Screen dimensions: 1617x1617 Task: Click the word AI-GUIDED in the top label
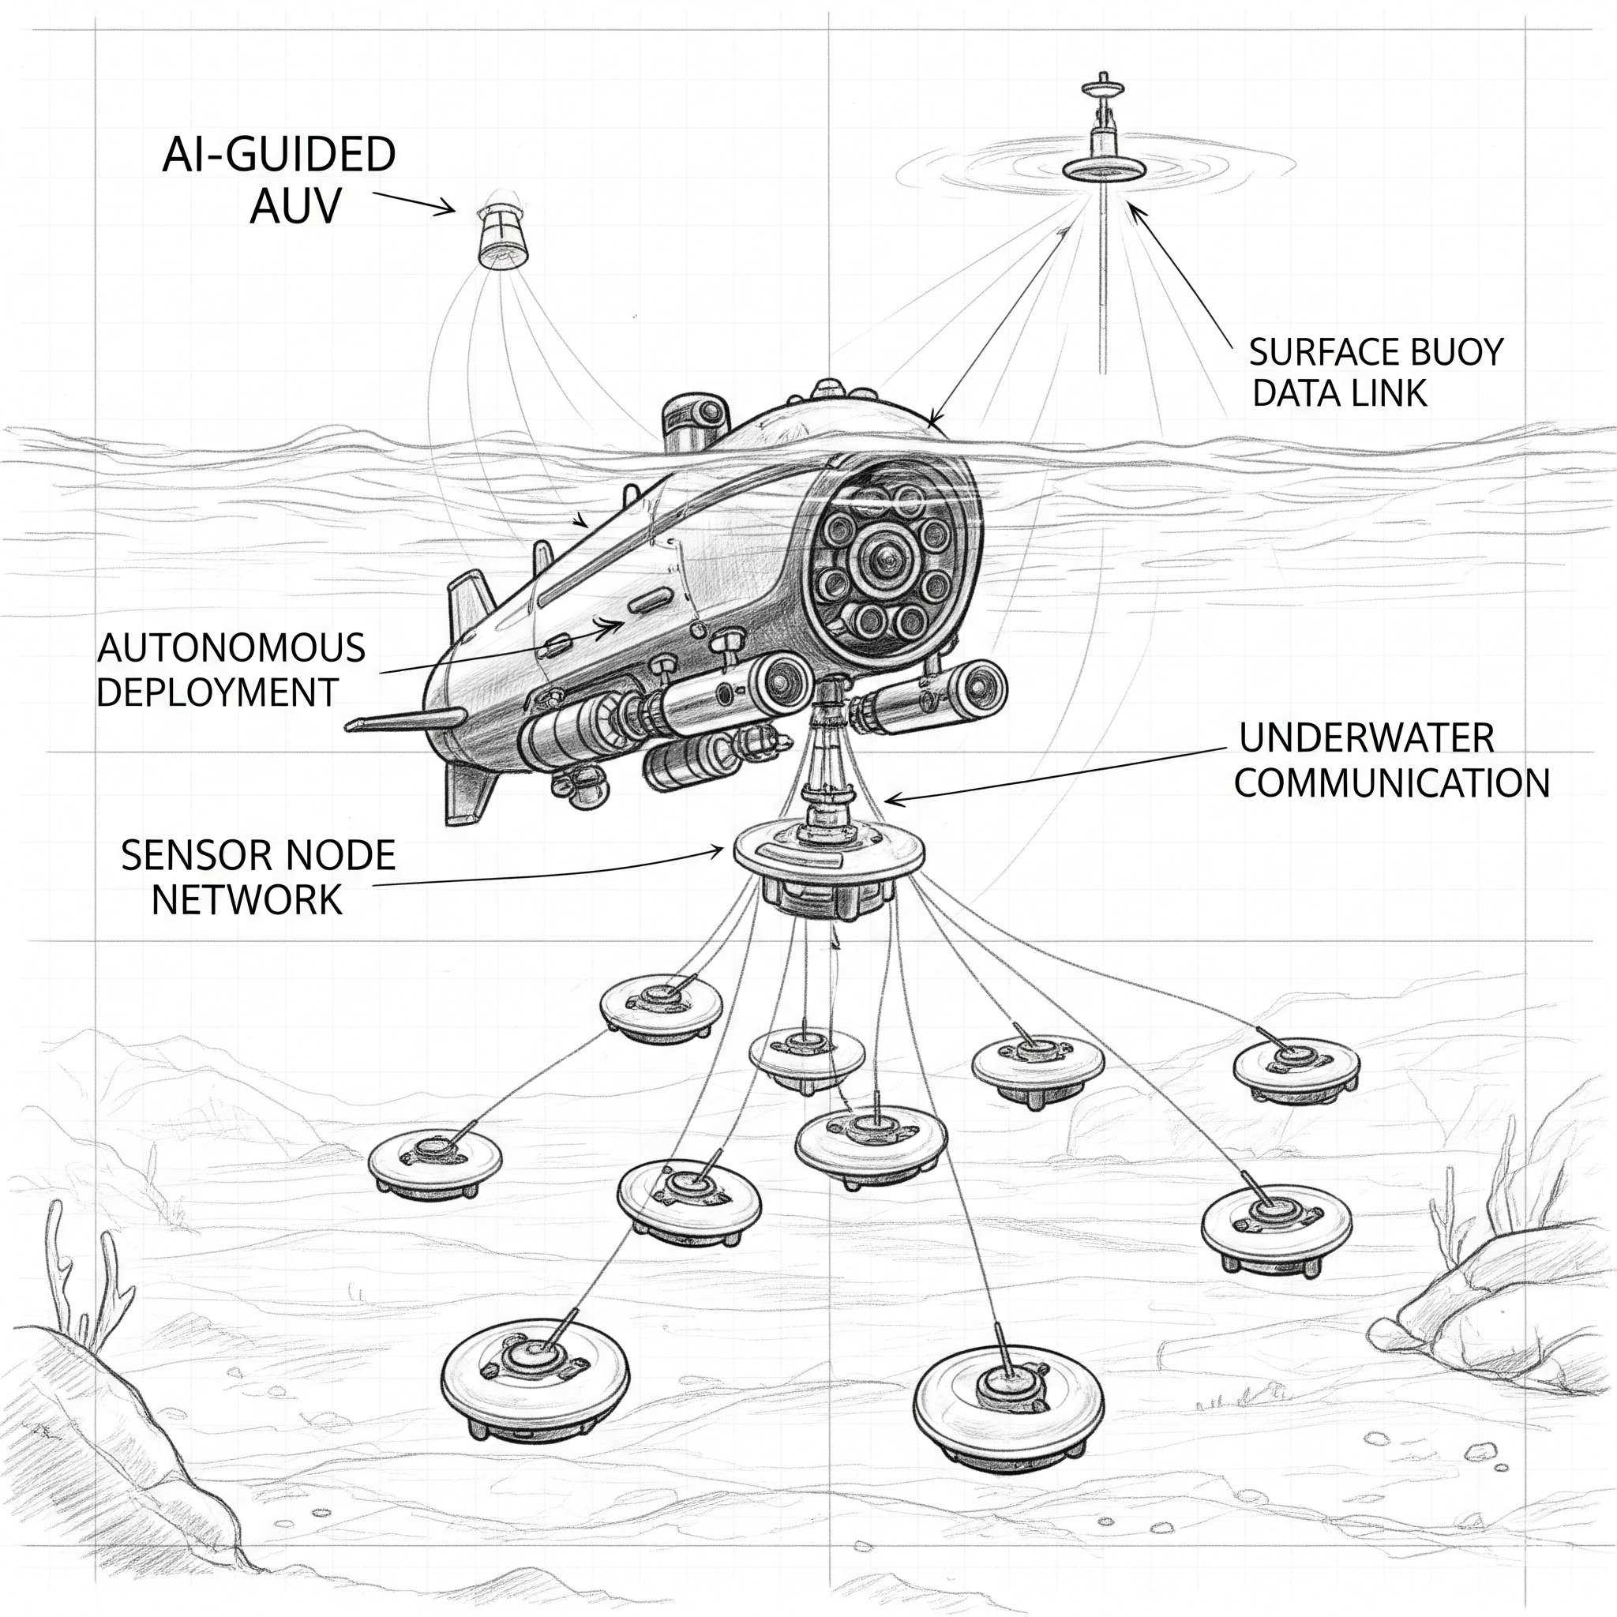pos(279,156)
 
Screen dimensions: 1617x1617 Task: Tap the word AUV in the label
pos(295,206)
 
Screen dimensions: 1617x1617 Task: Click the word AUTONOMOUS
pos(231,649)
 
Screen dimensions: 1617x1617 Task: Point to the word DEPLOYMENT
pos(217,692)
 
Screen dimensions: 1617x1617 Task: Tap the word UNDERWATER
pos(1366,738)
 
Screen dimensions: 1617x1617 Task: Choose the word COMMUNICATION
pos(1391,783)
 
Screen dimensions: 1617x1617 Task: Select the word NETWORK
pos(247,901)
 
